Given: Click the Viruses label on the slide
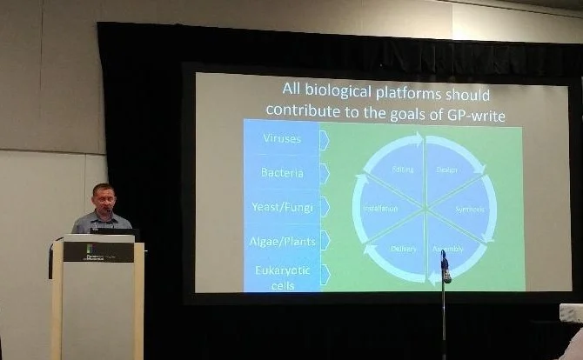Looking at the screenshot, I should (x=282, y=139).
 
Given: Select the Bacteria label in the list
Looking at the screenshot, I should (x=282, y=173).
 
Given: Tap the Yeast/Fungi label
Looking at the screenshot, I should (x=282, y=207).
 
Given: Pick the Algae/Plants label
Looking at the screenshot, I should (x=282, y=240).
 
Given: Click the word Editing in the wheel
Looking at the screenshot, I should (x=403, y=169).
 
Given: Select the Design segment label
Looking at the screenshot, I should (x=447, y=170).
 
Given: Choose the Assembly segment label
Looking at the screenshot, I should (x=447, y=249).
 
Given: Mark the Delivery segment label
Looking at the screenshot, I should (x=403, y=249).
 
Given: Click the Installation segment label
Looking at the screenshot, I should (x=380, y=209).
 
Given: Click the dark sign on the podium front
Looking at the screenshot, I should (x=98, y=252).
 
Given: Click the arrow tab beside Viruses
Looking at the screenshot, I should (x=324, y=140).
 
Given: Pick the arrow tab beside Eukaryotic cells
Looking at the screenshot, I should (x=324, y=274).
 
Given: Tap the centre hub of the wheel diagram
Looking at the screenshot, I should (x=425, y=209).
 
